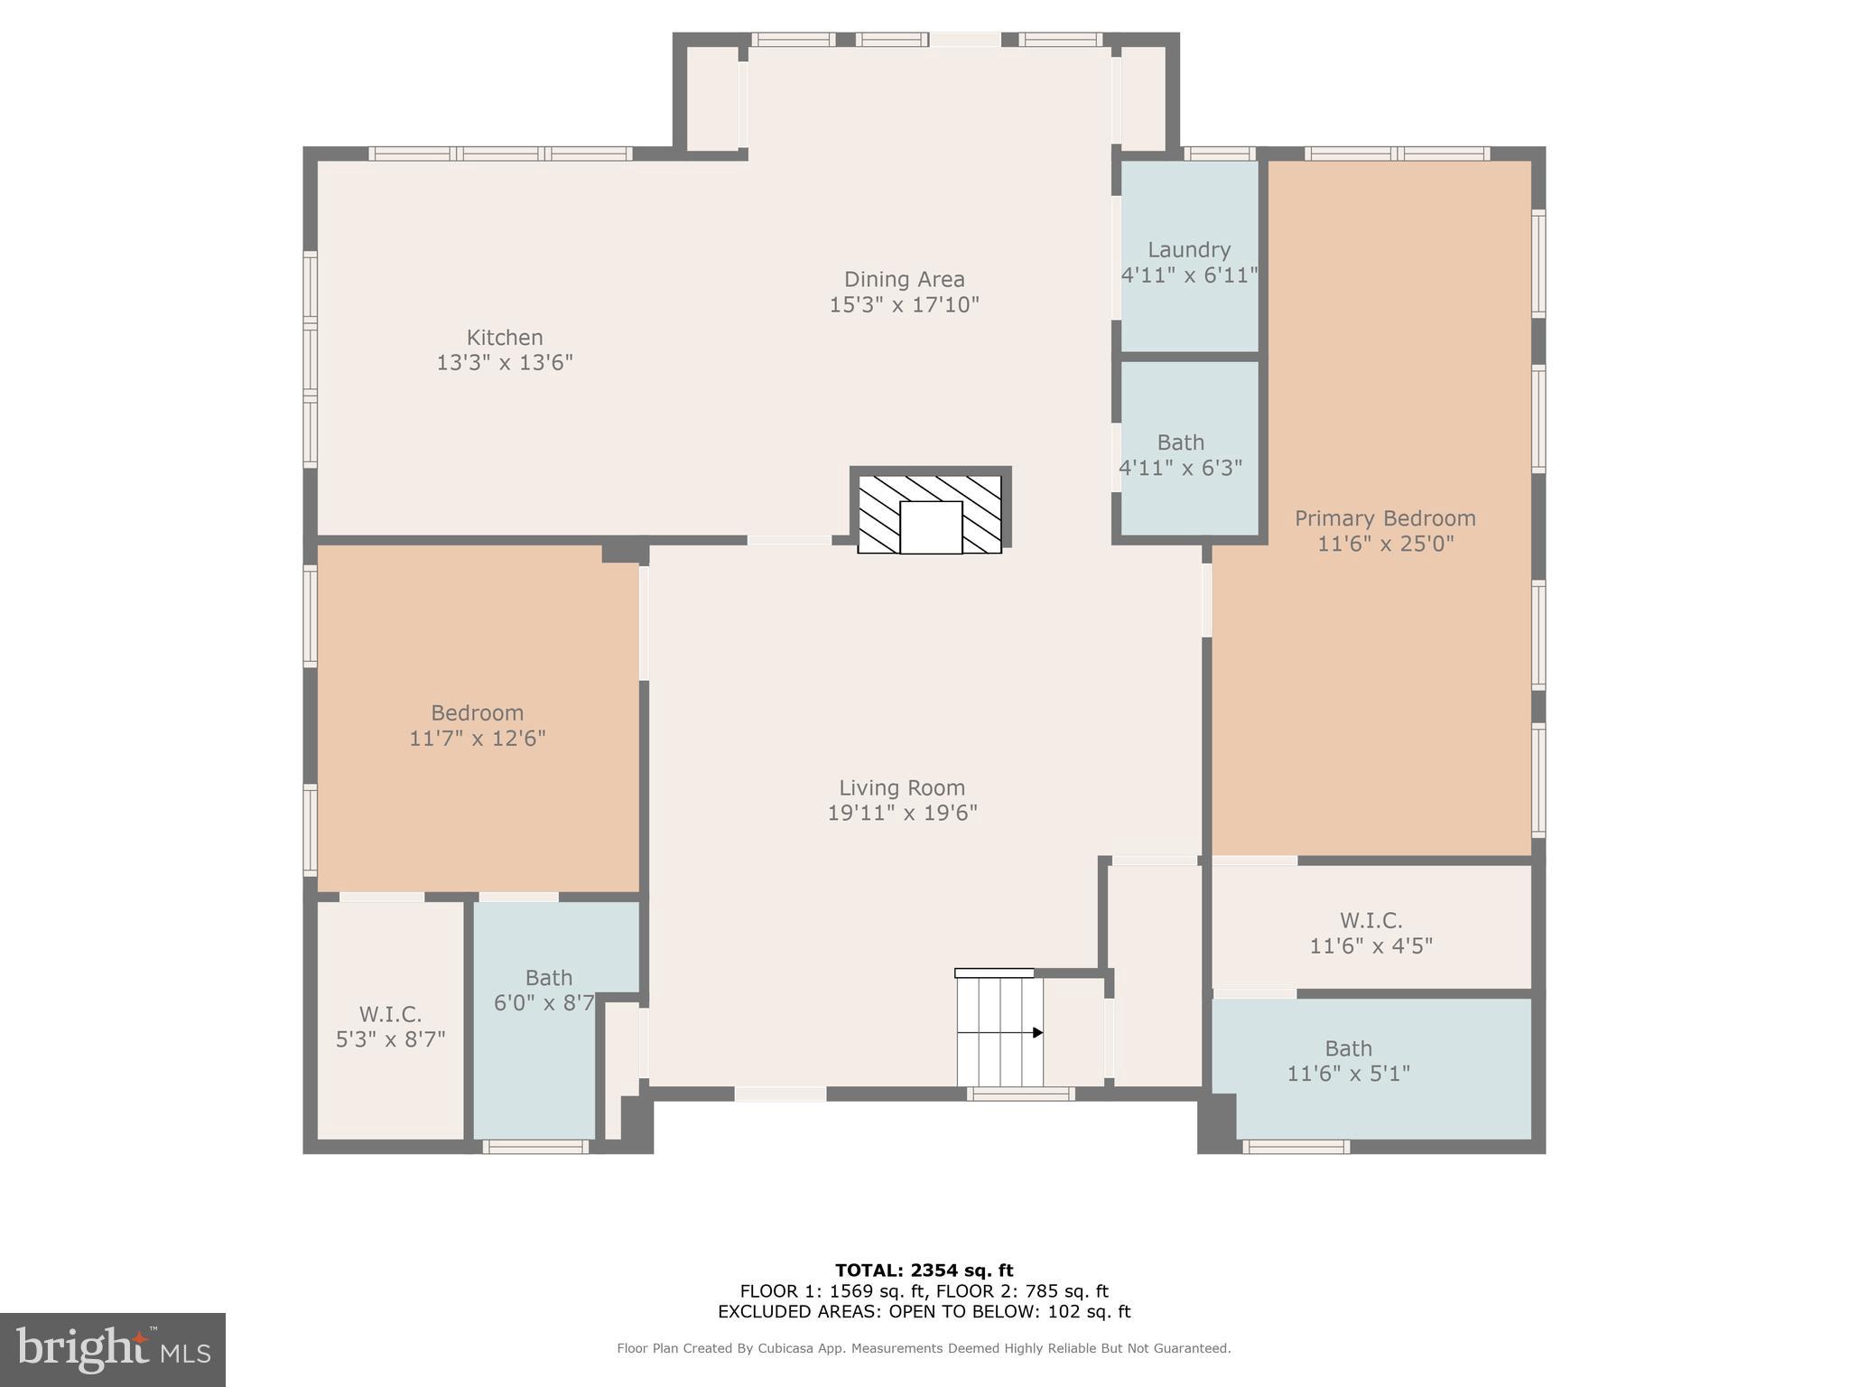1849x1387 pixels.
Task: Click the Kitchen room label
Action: point(504,338)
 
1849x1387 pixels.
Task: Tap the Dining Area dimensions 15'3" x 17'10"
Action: point(904,305)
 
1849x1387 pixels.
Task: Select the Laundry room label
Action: point(1188,250)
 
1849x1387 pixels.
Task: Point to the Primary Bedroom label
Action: point(1385,518)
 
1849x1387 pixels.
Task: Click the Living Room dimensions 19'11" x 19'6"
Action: point(902,813)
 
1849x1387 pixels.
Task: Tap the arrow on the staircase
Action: point(1037,1032)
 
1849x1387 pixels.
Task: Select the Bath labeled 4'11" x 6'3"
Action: point(1180,455)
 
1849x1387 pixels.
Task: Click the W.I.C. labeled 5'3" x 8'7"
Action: point(390,1027)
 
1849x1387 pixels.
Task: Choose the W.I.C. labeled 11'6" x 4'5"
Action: point(1370,933)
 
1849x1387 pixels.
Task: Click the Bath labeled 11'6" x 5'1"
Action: point(1348,1061)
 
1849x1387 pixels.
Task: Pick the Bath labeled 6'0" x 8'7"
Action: point(547,990)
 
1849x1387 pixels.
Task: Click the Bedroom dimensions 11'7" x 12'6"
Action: point(477,739)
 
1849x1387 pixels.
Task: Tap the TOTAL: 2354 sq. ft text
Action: point(924,1271)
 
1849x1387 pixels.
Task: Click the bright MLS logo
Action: point(112,1349)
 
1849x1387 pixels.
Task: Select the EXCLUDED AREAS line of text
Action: point(924,1312)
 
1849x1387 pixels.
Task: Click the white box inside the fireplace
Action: point(931,527)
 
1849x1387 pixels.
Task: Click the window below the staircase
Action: point(1020,1094)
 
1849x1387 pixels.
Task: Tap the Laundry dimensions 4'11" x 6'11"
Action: point(1188,275)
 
